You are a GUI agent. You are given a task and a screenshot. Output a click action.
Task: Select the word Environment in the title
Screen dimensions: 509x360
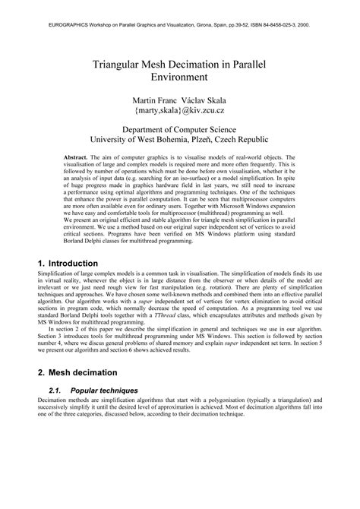point(180,77)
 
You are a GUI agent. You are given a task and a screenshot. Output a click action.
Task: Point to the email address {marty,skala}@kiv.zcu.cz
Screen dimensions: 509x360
point(179,112)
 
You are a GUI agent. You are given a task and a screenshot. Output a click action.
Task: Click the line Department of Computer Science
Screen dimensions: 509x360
point(179,130)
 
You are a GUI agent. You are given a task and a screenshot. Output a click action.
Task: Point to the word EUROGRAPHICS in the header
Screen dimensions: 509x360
point(52,24)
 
